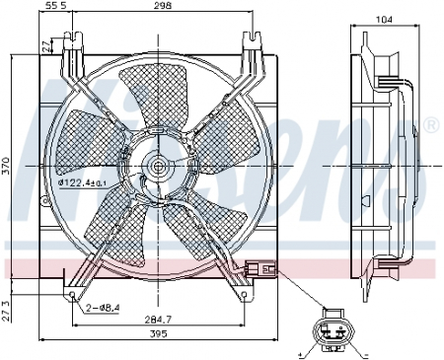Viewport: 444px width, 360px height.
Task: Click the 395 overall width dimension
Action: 157,334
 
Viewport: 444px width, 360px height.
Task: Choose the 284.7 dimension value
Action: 157,318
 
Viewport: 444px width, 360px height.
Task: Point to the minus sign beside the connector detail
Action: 365,352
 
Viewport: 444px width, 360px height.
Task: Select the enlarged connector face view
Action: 333,332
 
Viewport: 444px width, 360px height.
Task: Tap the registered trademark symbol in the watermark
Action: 430,124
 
